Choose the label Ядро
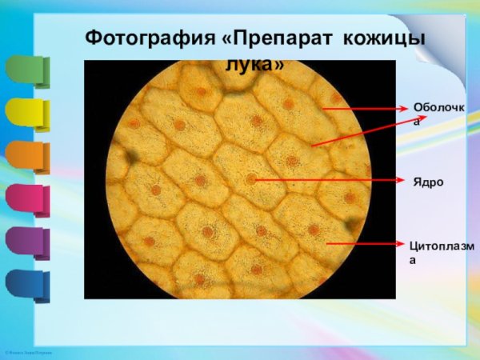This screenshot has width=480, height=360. click(428, 182)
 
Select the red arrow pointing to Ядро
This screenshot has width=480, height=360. click(328, 180)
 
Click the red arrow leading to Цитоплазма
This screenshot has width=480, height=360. click(365, 243)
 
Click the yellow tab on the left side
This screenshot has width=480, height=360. click(26, 114)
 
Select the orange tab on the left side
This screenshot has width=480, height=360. click(26, 157)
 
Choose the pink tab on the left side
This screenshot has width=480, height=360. click(26, 199)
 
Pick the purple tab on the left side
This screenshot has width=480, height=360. click(26, 242)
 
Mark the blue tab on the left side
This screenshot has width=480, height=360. click(26, 284)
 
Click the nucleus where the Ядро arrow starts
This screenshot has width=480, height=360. click(251, 179)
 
